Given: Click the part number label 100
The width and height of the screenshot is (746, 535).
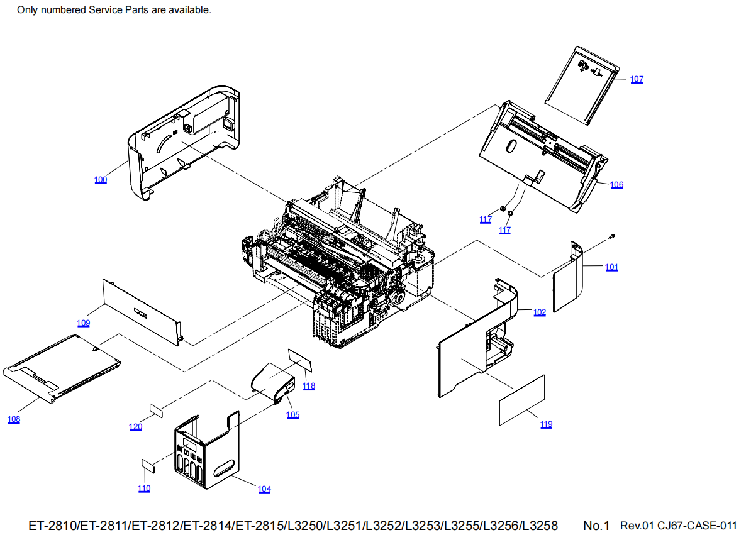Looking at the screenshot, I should (x=101, y=180).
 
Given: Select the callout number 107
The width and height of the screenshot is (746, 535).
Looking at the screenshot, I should (x=637, y=79).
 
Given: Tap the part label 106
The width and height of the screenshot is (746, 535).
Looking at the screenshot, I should (x=616, y=185).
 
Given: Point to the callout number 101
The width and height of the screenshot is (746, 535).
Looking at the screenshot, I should (x=611, y=267).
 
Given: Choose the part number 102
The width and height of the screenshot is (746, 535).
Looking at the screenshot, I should (x=540, y=312).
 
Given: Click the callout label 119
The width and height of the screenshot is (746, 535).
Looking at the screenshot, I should (x=546, y=424).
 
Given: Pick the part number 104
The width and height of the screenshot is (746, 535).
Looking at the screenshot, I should (x=264, y=489).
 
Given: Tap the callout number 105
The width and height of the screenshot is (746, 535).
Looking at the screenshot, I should (x=293, y=415).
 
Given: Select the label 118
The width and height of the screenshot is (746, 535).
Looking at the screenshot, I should (x=309, y=386).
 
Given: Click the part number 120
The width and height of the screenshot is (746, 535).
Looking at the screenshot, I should (x=135, y=427).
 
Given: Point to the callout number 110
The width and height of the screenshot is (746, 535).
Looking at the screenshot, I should (x=144, y=488).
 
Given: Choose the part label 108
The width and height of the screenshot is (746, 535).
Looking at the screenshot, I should (x=14, y=419).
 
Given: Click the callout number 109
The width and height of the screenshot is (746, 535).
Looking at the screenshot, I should (x=84, y=323).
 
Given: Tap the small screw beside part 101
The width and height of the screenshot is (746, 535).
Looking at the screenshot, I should (x=612, y=236).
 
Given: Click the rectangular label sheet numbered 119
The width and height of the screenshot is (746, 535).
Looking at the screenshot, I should (x=522, y=399).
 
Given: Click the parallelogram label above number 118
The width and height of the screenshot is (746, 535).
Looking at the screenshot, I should (x=300, y=359).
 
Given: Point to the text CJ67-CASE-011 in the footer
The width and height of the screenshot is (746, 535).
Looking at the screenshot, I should (x=698, y=525).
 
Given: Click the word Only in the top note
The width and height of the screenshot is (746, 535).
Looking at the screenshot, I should (x=28, y=10).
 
